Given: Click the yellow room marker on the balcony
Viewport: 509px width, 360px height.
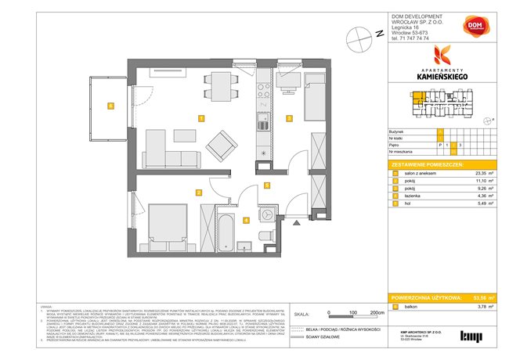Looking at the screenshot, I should [x=111, y=106].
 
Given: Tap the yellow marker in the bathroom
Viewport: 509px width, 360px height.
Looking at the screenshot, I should [x=246, y=221].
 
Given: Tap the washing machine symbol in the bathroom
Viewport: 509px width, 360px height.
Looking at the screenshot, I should [x=269, y=213].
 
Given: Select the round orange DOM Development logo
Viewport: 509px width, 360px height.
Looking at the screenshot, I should [x=475, y=28].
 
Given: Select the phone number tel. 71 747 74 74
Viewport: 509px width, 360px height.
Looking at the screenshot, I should [x=414, y=37].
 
